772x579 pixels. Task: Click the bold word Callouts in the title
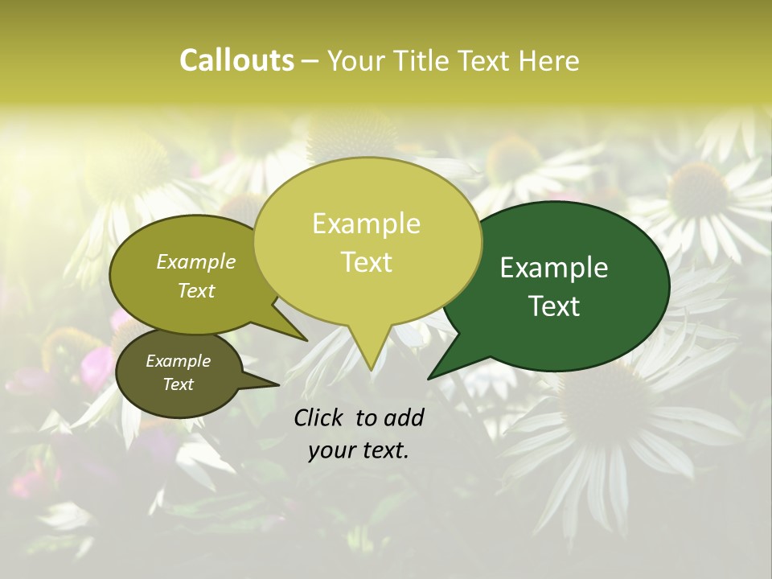coord(236,60)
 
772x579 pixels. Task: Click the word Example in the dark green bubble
coord(554,268)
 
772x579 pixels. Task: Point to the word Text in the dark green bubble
coord(554,306)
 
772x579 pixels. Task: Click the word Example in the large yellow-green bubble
coord(366,224)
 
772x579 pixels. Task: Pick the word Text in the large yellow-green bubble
coord(366,262)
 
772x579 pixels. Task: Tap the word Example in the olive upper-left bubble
coord(195,261)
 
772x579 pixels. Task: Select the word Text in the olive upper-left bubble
coord(195,290)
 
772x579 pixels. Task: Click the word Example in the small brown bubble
coord(178,361)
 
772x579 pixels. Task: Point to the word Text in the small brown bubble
coord(178,384)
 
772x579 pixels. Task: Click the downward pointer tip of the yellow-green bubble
coord(371,369)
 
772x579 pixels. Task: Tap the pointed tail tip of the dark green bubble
coord(429,378)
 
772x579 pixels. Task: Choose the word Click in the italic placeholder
coord(320,417)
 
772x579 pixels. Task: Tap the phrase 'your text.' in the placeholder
coord(359,450)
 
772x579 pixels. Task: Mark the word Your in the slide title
coord(358,60)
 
